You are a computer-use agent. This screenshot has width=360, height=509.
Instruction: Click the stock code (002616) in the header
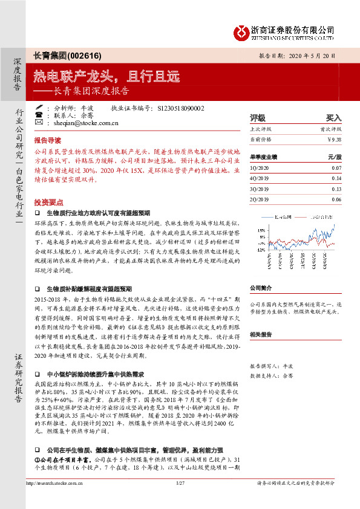coord(77,54)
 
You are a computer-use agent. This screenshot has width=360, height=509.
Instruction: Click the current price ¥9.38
coord(334,139)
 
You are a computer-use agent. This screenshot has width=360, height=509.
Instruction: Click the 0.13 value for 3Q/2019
coord(336,188)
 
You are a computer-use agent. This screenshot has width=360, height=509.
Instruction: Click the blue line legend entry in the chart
coord(278,216)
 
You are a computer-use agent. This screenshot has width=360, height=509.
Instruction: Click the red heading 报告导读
coord(48,139)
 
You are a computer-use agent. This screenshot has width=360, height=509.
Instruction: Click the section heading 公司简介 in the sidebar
coord(261,288)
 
